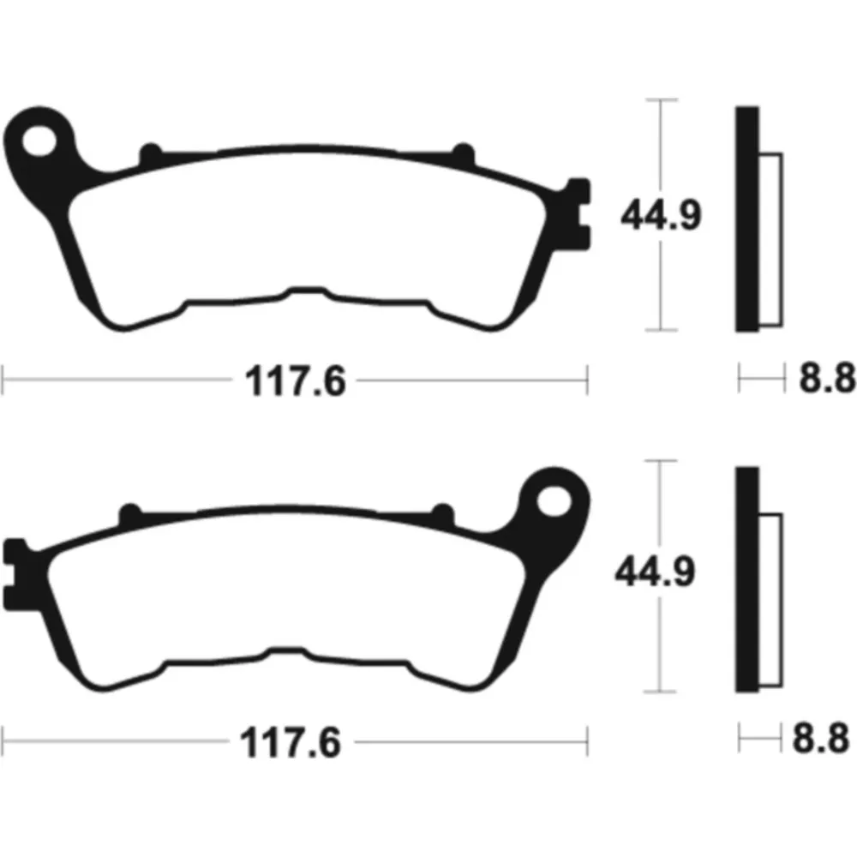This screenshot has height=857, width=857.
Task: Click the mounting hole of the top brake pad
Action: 39,141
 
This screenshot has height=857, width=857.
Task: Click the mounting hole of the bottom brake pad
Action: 554,500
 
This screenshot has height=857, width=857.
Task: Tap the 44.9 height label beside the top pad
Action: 661,215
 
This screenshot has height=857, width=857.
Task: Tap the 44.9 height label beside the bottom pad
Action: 656,571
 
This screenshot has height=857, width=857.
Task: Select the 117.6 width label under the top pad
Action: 295,381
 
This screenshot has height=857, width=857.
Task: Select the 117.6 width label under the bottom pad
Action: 291,742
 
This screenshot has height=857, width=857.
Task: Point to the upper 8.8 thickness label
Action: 827,377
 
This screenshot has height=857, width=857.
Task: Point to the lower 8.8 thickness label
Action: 821,738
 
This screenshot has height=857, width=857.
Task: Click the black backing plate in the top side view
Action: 747,219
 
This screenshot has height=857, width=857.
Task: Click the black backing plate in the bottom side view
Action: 747,579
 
